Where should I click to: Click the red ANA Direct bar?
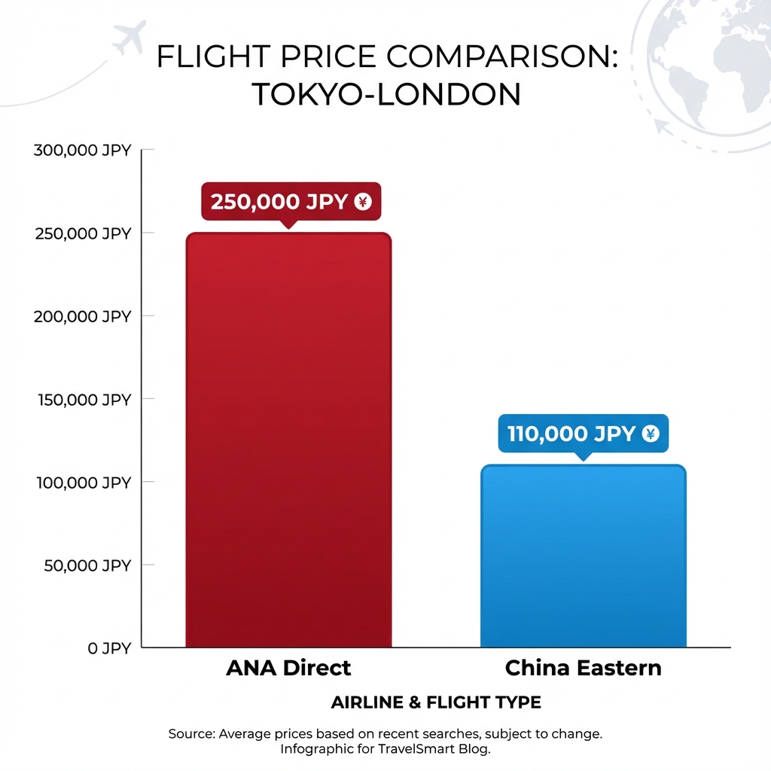coord(288,440)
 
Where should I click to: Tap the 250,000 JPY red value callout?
coord(291,202)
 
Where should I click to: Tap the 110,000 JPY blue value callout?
coord(583,434)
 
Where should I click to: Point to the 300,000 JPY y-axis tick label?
coord(83,151)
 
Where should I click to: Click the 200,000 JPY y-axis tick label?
coord(83,316)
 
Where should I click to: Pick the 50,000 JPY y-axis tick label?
coord(87,565)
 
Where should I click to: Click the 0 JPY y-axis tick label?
coord(109,648)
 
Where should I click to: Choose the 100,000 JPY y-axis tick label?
coord(83,482)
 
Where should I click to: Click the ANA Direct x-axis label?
coord(288,668)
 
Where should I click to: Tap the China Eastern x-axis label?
coord(583,668)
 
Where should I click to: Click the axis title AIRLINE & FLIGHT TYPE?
coord(436,702)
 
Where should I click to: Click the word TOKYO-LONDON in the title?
coord(385,95)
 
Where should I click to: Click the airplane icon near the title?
coord(129,37)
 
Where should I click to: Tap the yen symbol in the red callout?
coord(363,202)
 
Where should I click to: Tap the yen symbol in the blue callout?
coord(651,434)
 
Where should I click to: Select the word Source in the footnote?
coord(190,733)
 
